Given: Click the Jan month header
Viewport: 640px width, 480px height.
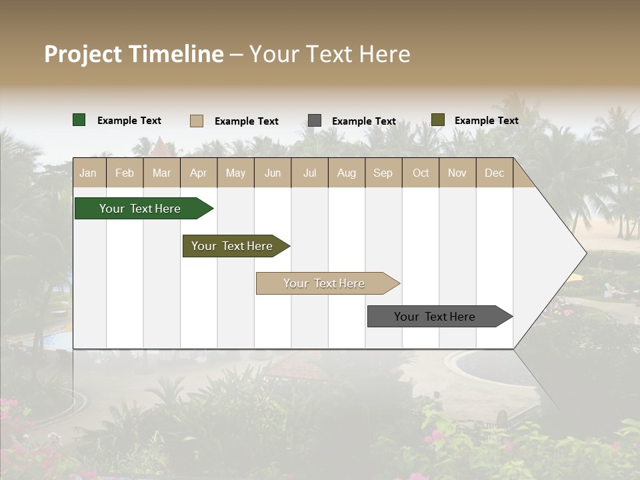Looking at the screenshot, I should point(89,173).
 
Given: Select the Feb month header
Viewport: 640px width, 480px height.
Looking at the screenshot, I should point(125,173).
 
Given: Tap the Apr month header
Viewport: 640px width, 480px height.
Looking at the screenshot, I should point(199,173).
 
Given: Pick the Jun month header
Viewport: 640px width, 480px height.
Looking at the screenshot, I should point(273,173).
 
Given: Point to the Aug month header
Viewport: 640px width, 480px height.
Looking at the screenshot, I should point(347,173).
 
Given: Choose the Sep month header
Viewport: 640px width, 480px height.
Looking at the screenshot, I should point(383,173).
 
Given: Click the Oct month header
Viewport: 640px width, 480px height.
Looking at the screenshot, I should point(421,173).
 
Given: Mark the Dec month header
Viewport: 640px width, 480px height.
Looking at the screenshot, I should point(495,173).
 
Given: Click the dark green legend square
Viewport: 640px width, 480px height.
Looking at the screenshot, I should point(79,120).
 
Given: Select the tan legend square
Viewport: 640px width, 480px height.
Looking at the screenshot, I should point(197,121).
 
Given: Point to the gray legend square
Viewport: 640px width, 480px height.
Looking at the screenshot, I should point(315,121).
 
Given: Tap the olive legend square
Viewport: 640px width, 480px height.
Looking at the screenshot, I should point(437,120).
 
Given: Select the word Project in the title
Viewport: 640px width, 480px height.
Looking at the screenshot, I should point(83,54).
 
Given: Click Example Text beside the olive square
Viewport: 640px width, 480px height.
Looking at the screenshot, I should point(486,121).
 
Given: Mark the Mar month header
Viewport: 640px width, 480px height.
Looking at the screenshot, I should point(161,173).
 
